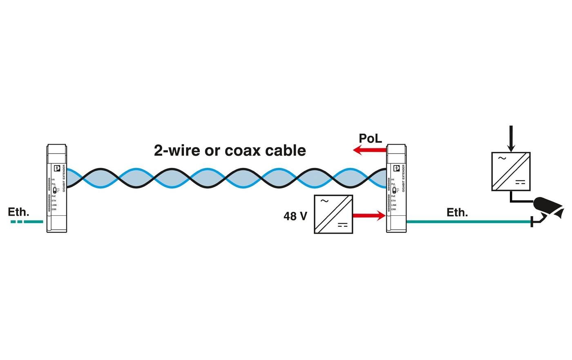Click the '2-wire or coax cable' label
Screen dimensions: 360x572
(x=230, y=150)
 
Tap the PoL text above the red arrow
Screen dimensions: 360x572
(x=370, y=138)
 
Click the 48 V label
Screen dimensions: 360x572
(x=295, y=216)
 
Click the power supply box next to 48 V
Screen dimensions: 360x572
(x=333, y=214)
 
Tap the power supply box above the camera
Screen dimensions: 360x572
(x=511, y=171)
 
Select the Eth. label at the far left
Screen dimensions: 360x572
(x=19, y=212)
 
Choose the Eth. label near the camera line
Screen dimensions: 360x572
(x=457, y=212)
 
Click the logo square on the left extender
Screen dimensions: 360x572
(x=57, y=168)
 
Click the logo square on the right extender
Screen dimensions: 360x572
(x=396, y=168)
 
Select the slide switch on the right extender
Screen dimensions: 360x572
(x=394, y=190)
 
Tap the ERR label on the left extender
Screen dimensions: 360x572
(x=54, y=209)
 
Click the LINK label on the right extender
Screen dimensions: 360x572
(x=393, y=205)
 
